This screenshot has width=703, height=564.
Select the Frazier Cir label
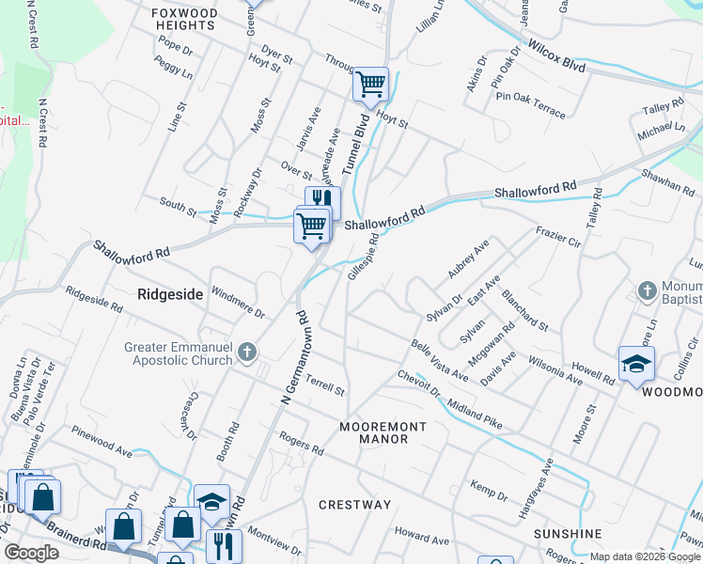point(559,235)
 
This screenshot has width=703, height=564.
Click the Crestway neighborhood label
point(354,505)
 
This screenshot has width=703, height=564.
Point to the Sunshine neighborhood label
point(568,534)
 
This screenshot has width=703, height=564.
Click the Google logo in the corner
point(31,553)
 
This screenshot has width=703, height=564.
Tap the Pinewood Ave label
point(102,439)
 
